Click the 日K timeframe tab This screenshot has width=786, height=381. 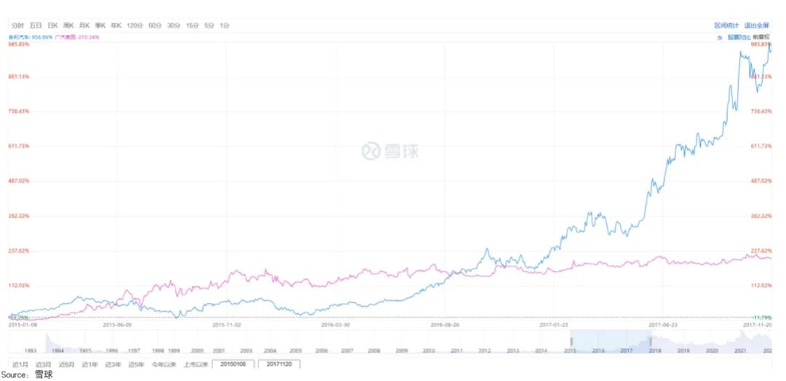tap(52, 25)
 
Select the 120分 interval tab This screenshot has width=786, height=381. tap(135, 25)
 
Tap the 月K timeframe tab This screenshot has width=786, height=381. tap(84, 25)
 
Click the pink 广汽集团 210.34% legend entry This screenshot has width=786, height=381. tap(76, 36)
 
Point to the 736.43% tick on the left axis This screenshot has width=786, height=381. tap(19, 111)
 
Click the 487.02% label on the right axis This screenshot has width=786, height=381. tap(761, 181)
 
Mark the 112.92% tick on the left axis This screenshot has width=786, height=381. tap(19, 286)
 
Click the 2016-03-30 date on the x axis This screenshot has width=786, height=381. tap(336, 325)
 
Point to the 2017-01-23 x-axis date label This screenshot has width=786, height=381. tap(555, 325)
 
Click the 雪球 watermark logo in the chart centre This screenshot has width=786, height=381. tap(391, 151)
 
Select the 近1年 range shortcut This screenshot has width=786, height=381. tap(90, 364)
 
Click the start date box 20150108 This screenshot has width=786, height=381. tap(233, 364)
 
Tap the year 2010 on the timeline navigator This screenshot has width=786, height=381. tap(429, 350)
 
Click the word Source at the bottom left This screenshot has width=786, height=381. tap(15, 375)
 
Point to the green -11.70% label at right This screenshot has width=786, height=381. tap(761, 318)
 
